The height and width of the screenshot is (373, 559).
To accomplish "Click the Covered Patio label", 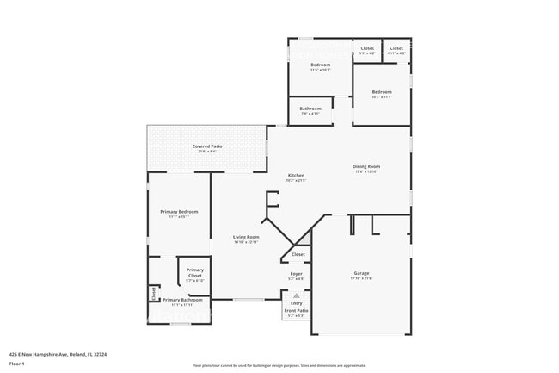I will coord(207,146).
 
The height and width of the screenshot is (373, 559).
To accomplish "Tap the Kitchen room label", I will coord(296,176).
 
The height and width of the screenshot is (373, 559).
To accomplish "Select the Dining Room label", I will coord(366,166).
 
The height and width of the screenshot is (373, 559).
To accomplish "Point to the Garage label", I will coord(361,273).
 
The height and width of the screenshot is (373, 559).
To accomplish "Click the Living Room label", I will coord(246,237).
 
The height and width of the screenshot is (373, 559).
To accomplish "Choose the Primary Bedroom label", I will coord(179,211).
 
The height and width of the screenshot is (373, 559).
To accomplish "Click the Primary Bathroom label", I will coord(182,300).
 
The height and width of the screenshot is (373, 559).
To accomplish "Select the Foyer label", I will coord(296,274).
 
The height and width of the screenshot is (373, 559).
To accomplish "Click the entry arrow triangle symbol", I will coord(297,295).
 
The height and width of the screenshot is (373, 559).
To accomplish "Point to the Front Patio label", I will coord(296,312).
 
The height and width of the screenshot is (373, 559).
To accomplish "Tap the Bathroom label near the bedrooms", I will coord(310,109).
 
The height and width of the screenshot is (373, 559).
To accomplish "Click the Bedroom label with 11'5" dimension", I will coord(320,65).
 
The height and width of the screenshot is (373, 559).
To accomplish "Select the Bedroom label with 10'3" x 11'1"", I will coord(382,92).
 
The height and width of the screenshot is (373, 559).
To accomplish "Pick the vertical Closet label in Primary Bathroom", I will coord(154,294).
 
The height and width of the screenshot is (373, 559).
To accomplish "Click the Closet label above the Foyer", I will coord(298,254).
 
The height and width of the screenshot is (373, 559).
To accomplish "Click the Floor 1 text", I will coord(17,364).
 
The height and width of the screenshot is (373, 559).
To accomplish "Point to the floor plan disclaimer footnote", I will coord(279,365).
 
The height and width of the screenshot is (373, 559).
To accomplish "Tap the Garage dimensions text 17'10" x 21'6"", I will coord(361,277).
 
